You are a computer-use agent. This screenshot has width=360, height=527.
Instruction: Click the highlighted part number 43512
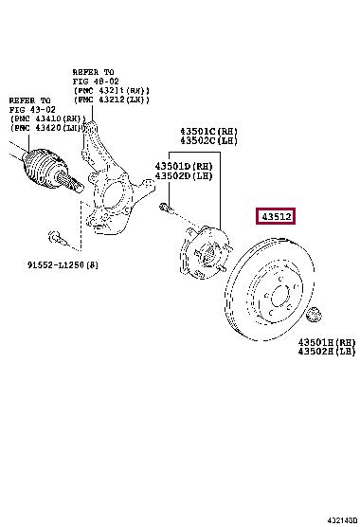coord(275,217)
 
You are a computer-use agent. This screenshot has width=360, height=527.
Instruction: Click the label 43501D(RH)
coord(183,166)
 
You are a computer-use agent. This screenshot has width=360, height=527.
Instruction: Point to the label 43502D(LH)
coord(183,176)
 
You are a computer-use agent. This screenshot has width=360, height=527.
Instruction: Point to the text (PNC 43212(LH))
coord(115,101)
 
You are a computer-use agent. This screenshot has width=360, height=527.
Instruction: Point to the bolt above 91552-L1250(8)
coord(53,236)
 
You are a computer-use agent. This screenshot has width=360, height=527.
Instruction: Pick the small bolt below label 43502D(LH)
coord(165,208)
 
